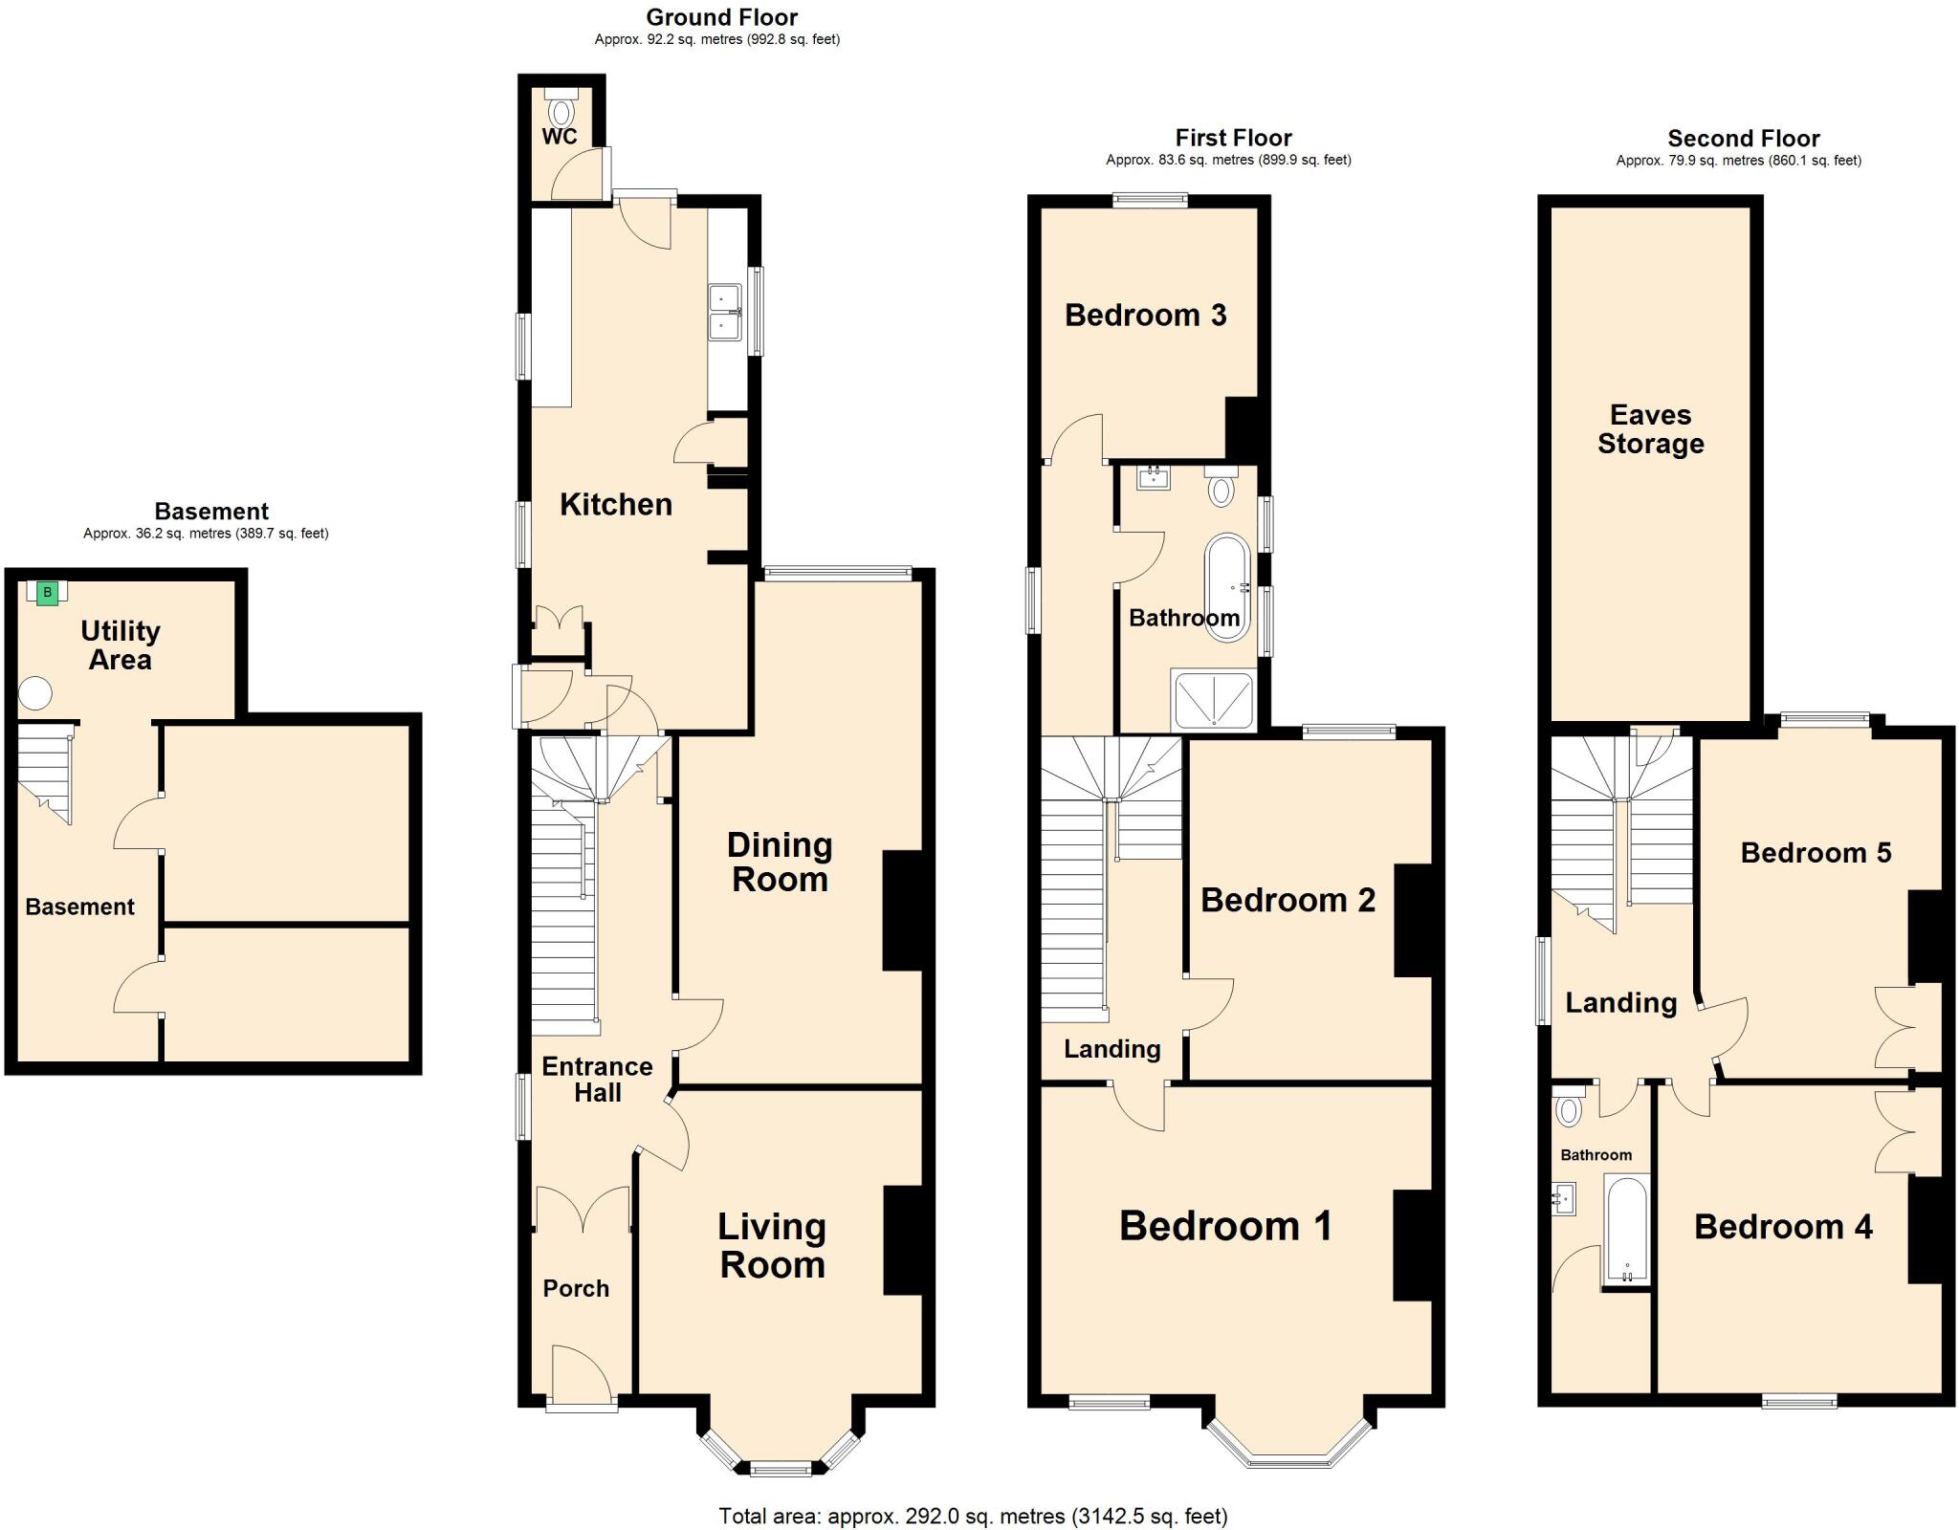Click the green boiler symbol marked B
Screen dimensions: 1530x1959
pyautogui.click(x=47, y=593)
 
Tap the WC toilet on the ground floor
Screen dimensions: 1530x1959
pyautogui.click(x=561, y=108)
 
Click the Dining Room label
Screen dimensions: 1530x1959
pyautogui.click(x=780, y=862)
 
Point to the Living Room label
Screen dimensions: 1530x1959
pyautogui.click(x=772, y=1245)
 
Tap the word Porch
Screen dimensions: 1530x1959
pyautogui.click(x=576, y=1288)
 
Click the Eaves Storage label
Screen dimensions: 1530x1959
pyautogui.click(x=1650, y=429)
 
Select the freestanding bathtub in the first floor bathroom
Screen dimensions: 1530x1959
pyautogui.click(x=1226, y=587)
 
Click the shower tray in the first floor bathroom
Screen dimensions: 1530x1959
pyautogui.click(x=1213, y=699)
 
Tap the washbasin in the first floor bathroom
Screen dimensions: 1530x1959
pyautogui.click(x=1154, y=476)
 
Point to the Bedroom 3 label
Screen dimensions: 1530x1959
pyautogui.click(x=1145, y=315)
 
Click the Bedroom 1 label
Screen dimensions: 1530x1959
pyautogui.click(x=1225, y=1226)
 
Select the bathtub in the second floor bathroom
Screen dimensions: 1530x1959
pyautogui.click(x=1626, y=1230)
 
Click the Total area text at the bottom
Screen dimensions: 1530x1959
pyautogui.click(x=973, y=1516)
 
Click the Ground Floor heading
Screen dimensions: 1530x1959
pyautogui.click(x=721, y=17)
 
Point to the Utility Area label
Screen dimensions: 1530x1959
pyautogui.click(x=120, y=645)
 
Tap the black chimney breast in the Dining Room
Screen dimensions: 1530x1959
pyautogui.click(x=902, y=910)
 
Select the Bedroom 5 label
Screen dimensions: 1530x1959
pyautogui.click(x=1816, y=853)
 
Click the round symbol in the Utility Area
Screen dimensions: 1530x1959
pyautogui.click(x=35, y=692)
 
